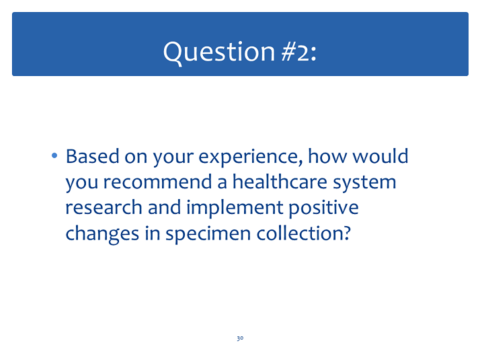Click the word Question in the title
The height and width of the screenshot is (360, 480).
tap(219, 52)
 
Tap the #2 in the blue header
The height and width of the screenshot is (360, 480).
tap(295, 52)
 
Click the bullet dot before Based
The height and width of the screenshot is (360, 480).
tap(54, 156)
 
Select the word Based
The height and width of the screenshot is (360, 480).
tap(93, 156)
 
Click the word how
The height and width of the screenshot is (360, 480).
tap(327, 156)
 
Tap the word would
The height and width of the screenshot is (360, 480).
tap(381, 156)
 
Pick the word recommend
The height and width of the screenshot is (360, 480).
tap(157, 182)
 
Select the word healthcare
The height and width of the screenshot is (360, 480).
tap(280, 182)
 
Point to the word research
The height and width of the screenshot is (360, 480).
tap(104, 207)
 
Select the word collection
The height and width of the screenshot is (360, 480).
tap(300, 233)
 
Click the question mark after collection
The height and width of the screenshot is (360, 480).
tap(347, 233)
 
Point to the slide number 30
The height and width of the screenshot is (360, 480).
tap(240, 338)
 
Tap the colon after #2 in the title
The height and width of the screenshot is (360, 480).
tap(313, 55)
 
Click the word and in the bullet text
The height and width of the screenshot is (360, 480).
tap(165, 207)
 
